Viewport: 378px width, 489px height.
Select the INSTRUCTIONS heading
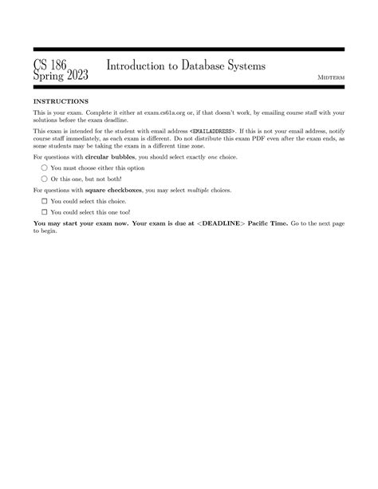pyautogui.click(x=61, y=102)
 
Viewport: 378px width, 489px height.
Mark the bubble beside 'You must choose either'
pyautogui.click(x=45, y=169)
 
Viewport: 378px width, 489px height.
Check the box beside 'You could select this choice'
pyautogui.click(x=45, y=203)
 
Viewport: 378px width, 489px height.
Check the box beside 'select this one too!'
pyautogui.click(x=45, y=213)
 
